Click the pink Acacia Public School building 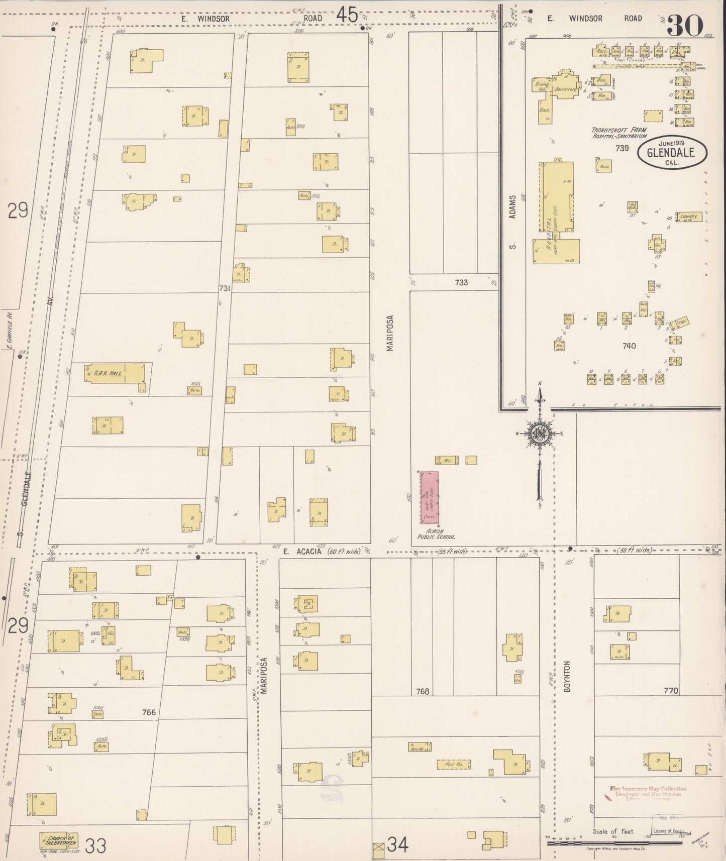click(430, 497)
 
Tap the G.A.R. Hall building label click(110, 373)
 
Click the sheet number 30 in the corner click(684, 25)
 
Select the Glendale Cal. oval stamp click(672, 152)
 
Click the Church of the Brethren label click(59, 839)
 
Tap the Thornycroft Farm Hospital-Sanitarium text click(619, 133)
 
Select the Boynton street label click(567, 677)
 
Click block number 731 click(225, 288)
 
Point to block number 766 click(149, 712)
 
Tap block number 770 click(671, 691)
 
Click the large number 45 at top click(347, 15)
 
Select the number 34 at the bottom click(397, 846)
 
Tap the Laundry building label click(688, 217)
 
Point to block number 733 click(461, 282)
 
